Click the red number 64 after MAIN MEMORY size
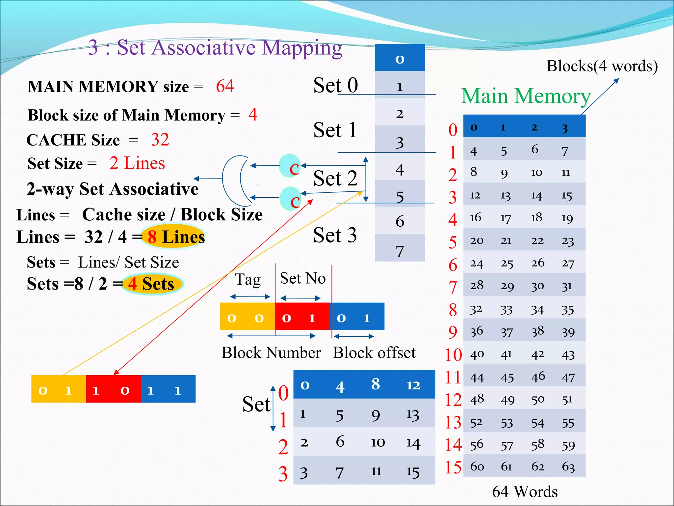click(x=225, y=86)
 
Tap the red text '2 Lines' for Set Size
click(x=137, y=163)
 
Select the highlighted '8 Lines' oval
click(x=173, y=237)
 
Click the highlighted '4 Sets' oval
click(x=152, y=284)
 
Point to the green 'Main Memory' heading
click(x=526, y=96)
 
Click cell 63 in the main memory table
click(x=568, y=466)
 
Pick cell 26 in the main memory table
click(x=538, y=263)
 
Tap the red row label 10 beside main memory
click(x=453, y=355)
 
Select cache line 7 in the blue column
click(x=400, y=251)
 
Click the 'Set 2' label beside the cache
click(x=335, y=179)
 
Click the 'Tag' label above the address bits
click(x=247, y=280)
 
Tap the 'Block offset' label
click(x=374, y=353)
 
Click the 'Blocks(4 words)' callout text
click(x=602, y=66)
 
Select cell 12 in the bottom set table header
click(x=413, y=385)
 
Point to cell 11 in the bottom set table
click(x=376, y=471)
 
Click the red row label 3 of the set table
click(x=283, y=474)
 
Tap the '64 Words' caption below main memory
click(x=525, y=492)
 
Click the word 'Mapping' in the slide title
click(x=302, y=47)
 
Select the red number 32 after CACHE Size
click(x=160, y=139)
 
